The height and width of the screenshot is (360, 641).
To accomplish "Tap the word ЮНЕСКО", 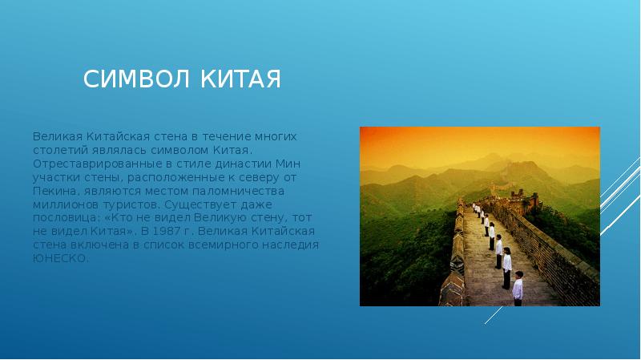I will pyautogui.click(x=60, y=258).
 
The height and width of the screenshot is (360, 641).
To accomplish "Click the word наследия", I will pyautogui.click(x=292, y=245).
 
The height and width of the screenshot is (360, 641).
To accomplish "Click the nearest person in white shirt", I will pyautogui.click(x=518, y=288).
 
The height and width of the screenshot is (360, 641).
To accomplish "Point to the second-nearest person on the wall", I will pyautogui.click(x=506, y=268).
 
